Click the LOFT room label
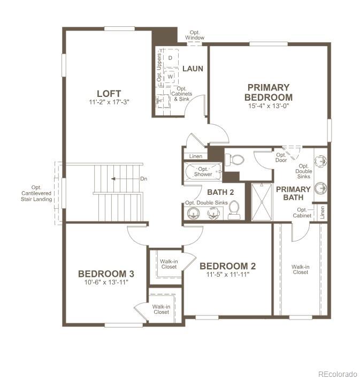109,93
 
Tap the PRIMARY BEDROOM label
268,92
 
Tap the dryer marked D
170,57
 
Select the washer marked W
170,77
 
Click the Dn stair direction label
143,179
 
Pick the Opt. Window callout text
195,35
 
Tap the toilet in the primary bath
234,159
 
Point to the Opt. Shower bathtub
202,172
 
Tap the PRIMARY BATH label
293,193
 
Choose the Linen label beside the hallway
196,156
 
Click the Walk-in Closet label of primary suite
300,269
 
